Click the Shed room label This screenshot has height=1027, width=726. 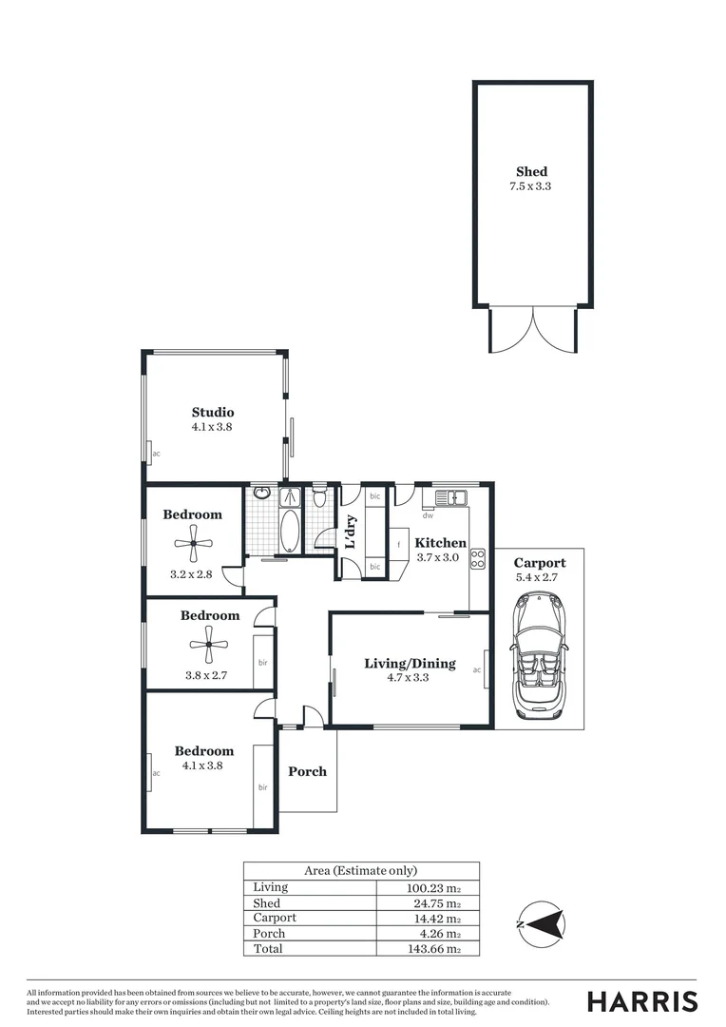click(531, 171)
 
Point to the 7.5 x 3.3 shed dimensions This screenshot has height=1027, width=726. click(531, 186)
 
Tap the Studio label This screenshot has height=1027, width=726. click(213, 413)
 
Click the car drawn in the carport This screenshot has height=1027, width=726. click(539, 656)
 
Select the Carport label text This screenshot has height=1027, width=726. click(539, 563)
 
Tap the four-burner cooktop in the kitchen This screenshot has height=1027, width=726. click(478, 558)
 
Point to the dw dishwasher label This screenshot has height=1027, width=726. click(429, 516)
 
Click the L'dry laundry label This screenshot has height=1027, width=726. click(351, 533)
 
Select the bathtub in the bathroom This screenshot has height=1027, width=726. click(289, 530)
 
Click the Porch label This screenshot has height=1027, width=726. click(307, 771)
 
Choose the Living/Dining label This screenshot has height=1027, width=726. click(410, 663)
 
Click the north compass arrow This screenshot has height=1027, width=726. click(544, 922)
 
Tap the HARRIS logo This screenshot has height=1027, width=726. click(641, 1000)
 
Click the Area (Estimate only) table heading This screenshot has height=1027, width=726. click(360, 870)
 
